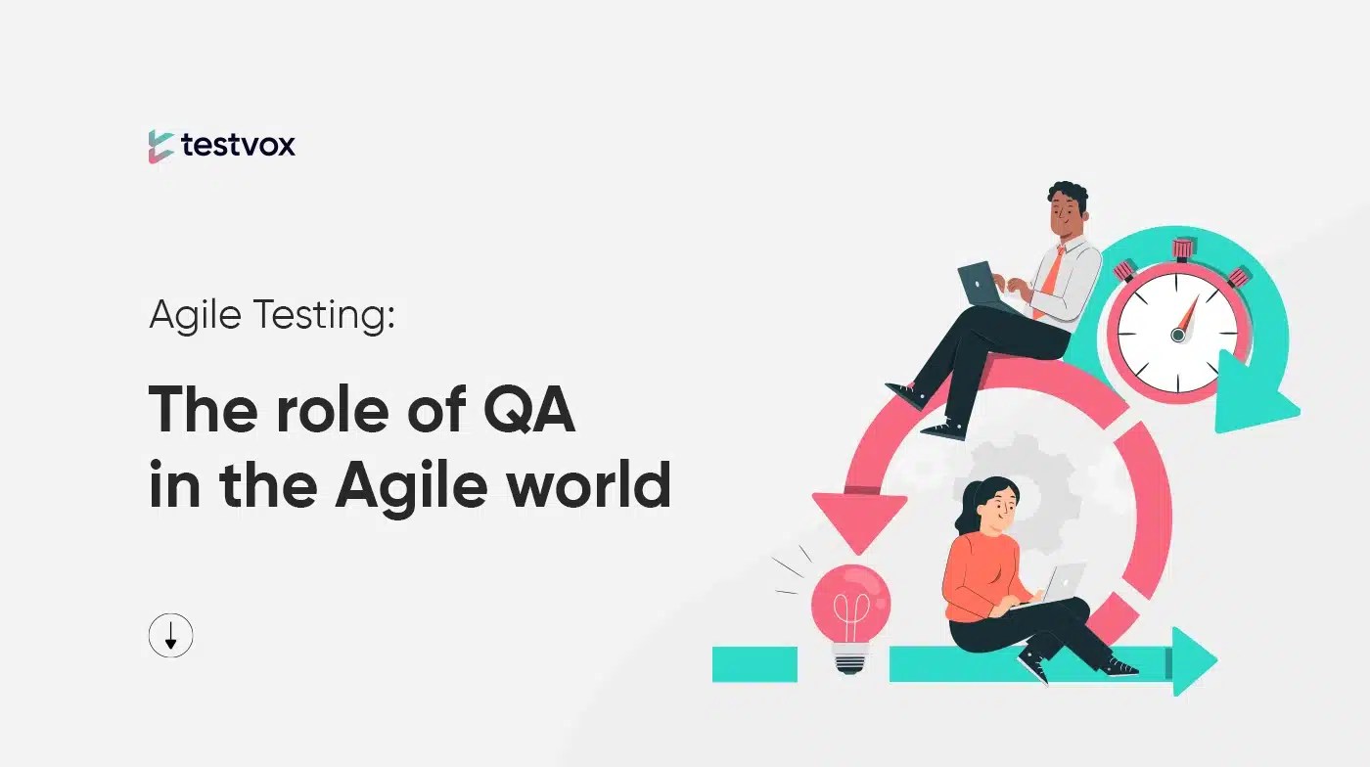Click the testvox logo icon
tap(161, 146)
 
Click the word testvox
tap(238, 146)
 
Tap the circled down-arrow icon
tap(171, 637)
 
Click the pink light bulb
tap(850, 599)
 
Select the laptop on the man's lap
tap(982, 285)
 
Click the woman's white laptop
tap(1063, 583)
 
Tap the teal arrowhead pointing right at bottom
tap(1193, 661)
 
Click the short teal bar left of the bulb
tap(753, 663)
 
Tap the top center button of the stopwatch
tap(1184, 249)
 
